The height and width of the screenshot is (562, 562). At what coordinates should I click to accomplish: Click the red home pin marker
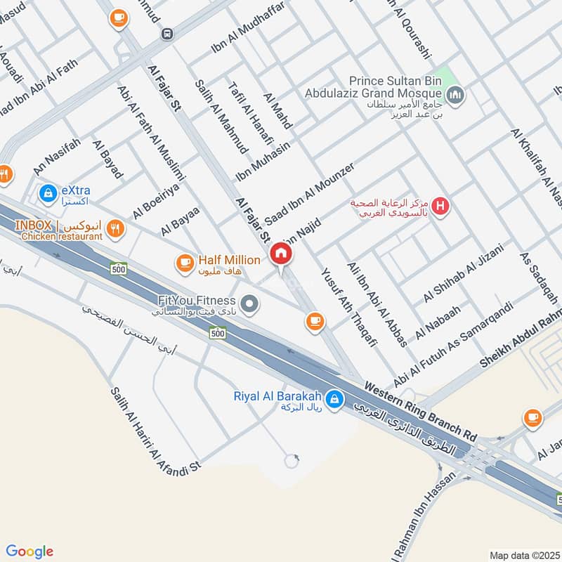(281, 253)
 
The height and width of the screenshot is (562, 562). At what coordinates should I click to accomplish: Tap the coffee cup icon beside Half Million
(185, 263)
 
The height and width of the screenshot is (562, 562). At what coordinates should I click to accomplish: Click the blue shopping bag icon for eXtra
(48, 191)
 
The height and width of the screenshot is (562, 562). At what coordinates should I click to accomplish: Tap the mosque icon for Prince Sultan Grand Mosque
(455, 93)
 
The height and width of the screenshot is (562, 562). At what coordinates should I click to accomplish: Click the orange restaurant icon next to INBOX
(117, 227)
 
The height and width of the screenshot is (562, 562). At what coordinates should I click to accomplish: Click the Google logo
(30, 551)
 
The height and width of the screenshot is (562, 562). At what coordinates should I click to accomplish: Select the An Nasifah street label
(58, 156)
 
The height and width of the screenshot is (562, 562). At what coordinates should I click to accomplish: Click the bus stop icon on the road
(167, 33)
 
